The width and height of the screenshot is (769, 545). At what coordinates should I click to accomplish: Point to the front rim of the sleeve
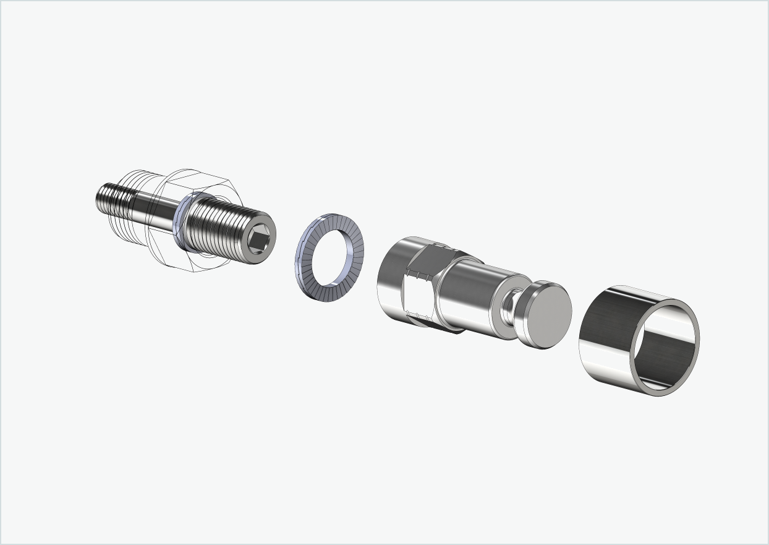(693, 322)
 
